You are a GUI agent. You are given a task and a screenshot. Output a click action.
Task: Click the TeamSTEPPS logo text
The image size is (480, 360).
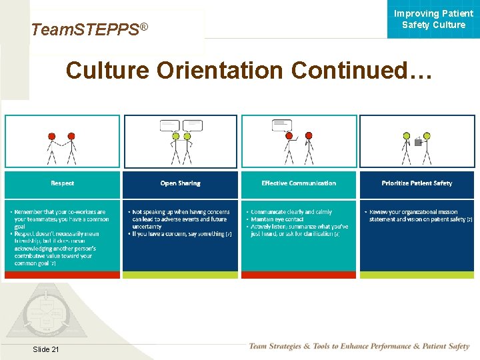(89, 29)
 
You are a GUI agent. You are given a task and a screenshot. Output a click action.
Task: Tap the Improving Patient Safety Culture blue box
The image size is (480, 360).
(433, 19)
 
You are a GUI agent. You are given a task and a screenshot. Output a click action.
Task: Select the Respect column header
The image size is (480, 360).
(62, 183)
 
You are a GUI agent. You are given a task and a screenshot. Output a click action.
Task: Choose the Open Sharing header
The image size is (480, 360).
(180, 183)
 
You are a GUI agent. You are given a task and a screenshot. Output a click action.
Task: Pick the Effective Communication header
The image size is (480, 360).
(299, 183)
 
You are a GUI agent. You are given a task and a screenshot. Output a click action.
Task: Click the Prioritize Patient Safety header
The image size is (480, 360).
(417, 183)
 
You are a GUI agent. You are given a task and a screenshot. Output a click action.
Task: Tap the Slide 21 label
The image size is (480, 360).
(45, 350)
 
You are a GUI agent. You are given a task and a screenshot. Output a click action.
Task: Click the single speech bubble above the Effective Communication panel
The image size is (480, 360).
(282, 125)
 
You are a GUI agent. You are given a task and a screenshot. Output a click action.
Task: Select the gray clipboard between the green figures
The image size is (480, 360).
(417, 141)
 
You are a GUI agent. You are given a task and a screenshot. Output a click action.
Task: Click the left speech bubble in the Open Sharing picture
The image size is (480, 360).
(170, 125)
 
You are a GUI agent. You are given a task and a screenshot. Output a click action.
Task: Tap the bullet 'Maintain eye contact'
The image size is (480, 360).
(277, 219)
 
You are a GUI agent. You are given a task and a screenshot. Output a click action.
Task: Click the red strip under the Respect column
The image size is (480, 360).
(62, 275)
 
